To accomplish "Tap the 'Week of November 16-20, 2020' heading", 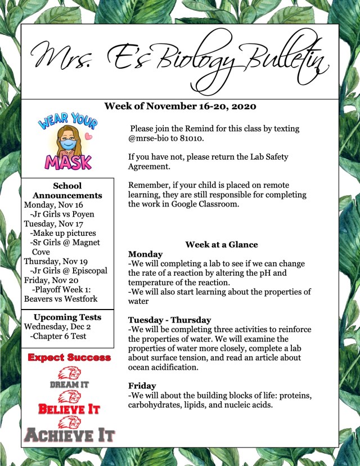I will click(180, 106).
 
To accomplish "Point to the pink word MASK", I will click(68, 162).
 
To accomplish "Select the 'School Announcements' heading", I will click(67, 190).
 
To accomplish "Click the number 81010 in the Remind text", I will click(190, 138).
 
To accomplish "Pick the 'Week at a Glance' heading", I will click(221, 244).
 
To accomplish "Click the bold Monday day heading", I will click(145, 254).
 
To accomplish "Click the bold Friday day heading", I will click(141, 386).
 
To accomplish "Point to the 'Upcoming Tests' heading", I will click(67, 317).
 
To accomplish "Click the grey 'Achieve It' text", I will click(69, 435).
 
